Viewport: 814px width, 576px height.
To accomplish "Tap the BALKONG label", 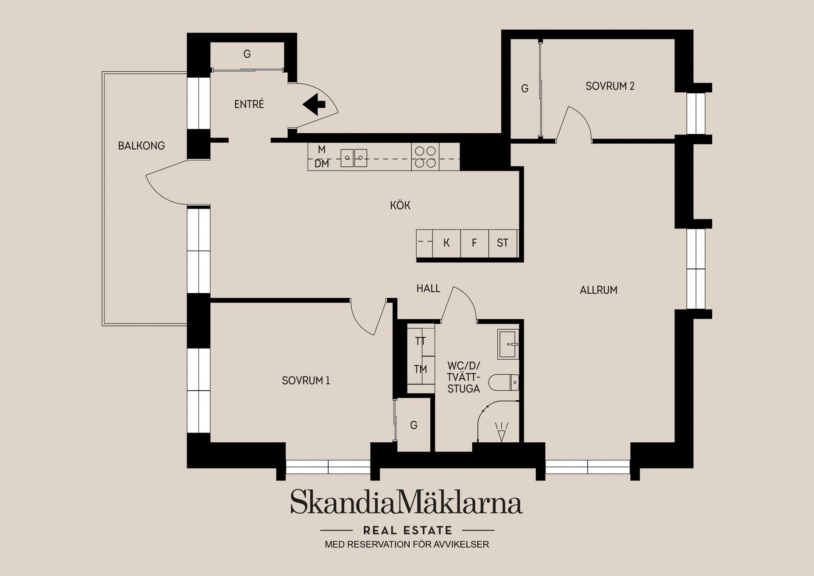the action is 141,146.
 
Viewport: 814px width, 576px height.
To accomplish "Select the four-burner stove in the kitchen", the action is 425,157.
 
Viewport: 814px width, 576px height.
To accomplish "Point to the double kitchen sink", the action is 354,158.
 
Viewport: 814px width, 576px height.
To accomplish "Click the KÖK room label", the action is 400,205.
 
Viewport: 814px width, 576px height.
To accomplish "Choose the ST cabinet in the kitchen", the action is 503,243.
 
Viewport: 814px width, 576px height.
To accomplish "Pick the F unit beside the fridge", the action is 474,243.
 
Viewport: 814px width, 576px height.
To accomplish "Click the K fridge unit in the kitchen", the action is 446,243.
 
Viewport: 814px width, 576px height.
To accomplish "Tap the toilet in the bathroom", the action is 504,382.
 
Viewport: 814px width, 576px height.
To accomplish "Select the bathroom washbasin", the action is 508,344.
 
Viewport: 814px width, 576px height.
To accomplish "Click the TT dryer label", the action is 420,341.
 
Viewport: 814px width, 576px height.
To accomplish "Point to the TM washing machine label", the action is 420,369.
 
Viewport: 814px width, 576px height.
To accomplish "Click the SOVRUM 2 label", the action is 610,86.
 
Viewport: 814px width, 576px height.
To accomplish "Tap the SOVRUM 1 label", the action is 306,381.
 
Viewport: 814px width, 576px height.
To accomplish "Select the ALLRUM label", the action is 598,290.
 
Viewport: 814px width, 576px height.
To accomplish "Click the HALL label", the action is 428,289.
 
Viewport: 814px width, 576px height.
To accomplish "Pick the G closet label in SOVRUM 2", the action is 525,88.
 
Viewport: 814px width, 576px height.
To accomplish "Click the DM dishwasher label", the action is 322,164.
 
